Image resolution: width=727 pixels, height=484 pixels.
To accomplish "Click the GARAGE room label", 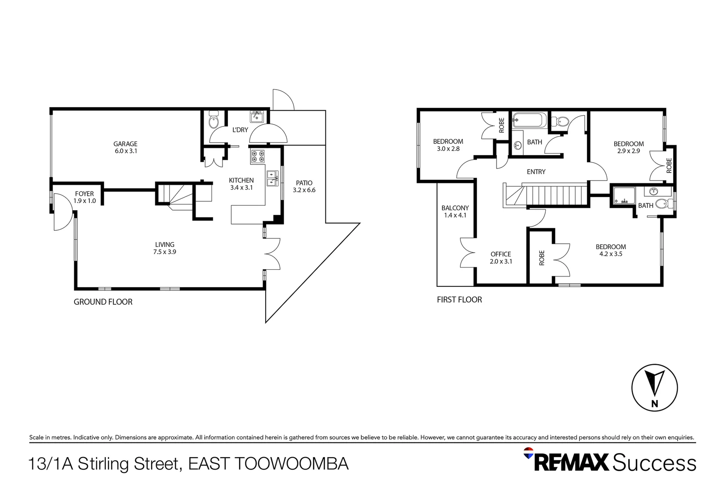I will [x=125, y=147].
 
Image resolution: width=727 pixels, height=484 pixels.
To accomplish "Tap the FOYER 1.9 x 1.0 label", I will [x=84, y=197].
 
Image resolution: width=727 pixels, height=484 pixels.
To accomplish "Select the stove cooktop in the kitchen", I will [x=258, y=156].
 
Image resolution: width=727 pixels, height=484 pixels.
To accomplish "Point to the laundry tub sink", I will [x=257, y=117].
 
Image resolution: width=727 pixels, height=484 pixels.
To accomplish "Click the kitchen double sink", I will [x=272, y=178].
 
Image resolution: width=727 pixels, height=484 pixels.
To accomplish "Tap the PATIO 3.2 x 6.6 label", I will [x=304, y=186].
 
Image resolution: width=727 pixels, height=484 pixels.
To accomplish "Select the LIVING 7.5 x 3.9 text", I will [x=165, y=248].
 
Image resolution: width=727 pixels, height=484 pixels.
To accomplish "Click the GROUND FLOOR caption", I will [x=103, y=302].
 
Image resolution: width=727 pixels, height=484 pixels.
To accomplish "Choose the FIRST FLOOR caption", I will [x=459, y=300].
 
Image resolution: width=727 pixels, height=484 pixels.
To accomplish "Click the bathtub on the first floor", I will [x=530, y=120].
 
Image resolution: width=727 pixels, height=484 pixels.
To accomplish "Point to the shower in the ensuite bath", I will [x=624, y=196].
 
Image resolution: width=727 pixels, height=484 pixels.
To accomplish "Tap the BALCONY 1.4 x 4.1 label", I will [x=455, y=212].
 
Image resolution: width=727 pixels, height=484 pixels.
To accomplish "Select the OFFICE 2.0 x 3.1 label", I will [x=501, y=258].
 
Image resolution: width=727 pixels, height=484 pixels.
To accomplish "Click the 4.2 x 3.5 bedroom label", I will [x=611, y=250].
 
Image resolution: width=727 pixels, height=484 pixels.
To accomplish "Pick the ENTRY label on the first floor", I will [x=536, y=172].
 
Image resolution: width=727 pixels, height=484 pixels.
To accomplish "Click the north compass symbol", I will [x=654, y=388].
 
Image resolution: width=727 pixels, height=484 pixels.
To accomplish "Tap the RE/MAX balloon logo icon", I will [x=529, y=454].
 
